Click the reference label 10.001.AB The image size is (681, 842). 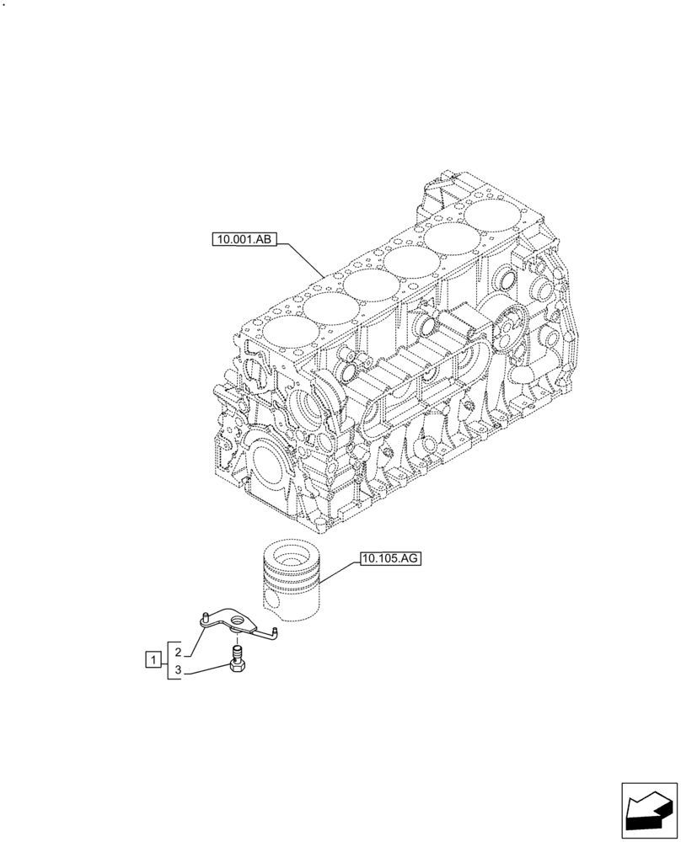pos(244,240)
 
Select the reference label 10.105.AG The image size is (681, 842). pos(390,557)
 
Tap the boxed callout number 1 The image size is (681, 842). pos(153,659)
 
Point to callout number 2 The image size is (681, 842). pos(178,651)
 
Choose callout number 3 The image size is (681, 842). pos(178,670)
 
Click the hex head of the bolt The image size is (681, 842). pos(239,667)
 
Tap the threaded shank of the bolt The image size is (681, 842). pos(239,651)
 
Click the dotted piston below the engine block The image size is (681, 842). pos(289,577)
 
